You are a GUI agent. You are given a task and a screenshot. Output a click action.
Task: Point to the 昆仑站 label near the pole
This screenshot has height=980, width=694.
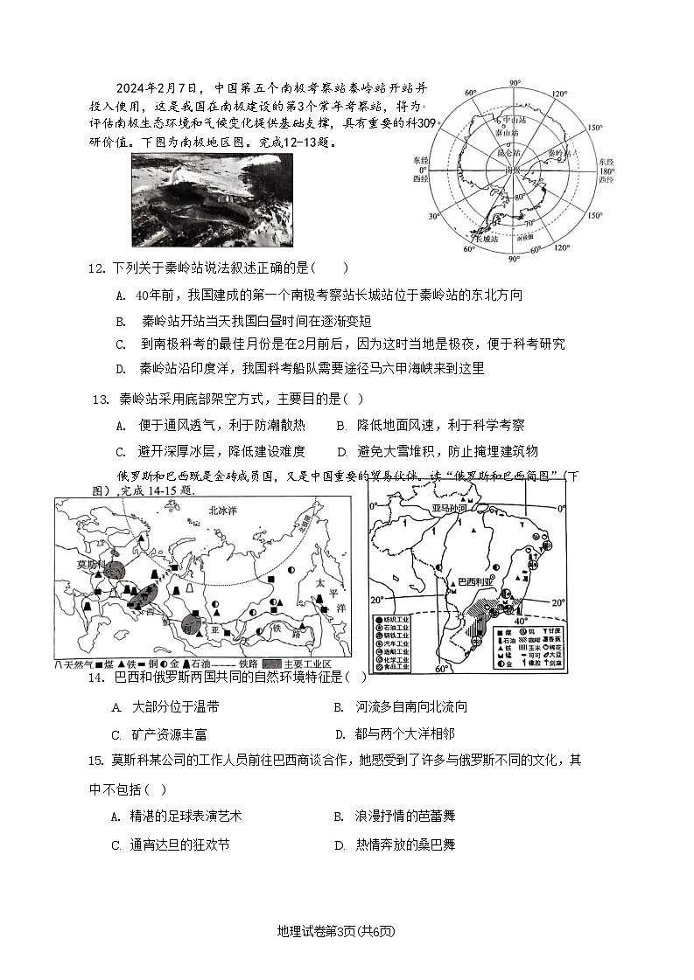tap(508, 153)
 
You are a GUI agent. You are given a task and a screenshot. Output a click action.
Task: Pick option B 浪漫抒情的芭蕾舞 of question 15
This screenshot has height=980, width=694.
tap(394, 816)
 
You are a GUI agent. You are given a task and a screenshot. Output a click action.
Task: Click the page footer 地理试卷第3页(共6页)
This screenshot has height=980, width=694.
tap(347, 930)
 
